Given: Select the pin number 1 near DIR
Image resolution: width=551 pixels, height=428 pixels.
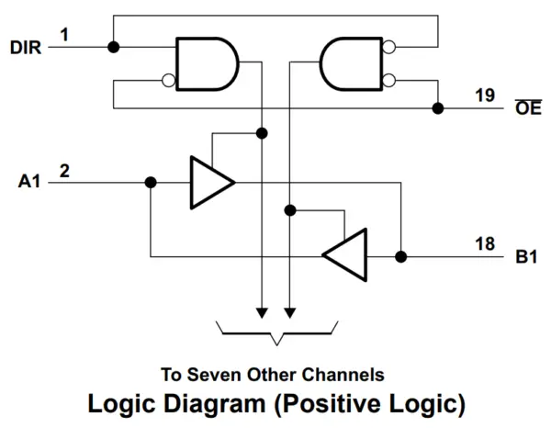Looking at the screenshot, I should pyautogui.click(x=64, y=34).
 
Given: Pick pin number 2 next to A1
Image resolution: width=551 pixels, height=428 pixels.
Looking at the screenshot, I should pyautogui.click(x=64, y=170).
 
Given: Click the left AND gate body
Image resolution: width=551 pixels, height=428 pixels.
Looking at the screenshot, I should pyautogui.click(x=206, y=63).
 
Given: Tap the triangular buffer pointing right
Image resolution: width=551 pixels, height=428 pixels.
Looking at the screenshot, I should pyautogui.click(x=208, y=182).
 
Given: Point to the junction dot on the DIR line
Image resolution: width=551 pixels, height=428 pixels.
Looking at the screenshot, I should pyautogui.click(x=112, y=47).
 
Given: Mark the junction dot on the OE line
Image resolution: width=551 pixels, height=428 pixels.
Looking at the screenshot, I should pyautogui.click(x=438, y=108).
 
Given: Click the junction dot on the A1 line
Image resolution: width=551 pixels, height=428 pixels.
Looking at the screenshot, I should pyautogui.click(x=151, y=182).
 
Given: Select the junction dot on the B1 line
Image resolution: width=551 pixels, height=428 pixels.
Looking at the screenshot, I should pyautogui.click(x=401, y=255).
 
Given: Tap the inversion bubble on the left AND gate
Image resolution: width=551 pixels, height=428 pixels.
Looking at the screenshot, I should pyautogui.click(x=168, y=80).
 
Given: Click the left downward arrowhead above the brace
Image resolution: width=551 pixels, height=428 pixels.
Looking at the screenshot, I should pyautogui.click(x=262, y=312).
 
